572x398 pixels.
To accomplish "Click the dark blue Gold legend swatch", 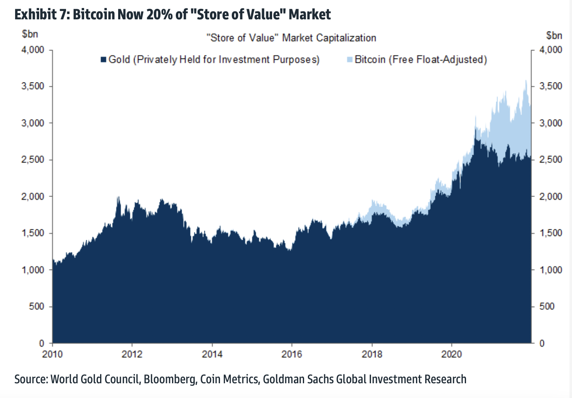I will click(103, 60).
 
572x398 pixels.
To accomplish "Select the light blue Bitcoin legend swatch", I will click(350, 60).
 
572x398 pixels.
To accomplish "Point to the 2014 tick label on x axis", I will click(212, 354).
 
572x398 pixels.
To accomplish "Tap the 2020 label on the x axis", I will click(451, 354).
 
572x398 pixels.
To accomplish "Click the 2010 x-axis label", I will click(52, 354).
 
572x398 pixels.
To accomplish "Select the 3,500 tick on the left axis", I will click(33, 86).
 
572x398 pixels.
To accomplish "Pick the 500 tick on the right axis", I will click(547, 307).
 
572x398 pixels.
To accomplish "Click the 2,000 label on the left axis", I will click(33, 196).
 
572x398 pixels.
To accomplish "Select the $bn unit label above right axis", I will click(554, 35).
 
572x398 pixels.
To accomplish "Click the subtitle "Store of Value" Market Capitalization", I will click(291, 38).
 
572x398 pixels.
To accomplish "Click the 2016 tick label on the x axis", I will click(291, 354).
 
